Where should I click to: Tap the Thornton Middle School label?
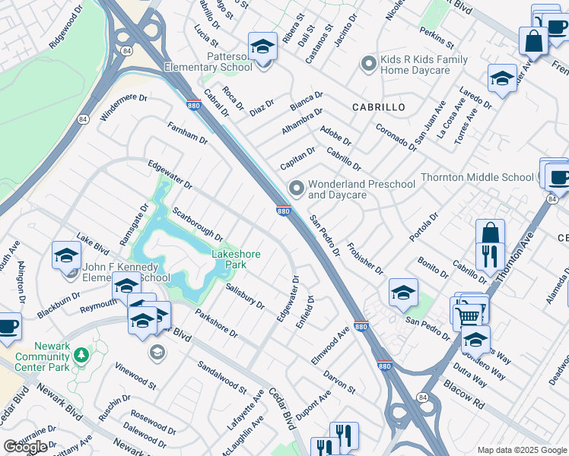(x=477, y=177)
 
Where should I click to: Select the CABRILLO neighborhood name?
(x=378, y=107)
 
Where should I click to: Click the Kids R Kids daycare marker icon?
(x=369, y=64)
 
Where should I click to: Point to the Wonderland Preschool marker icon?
(x=296, y=188)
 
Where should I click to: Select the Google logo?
(x=25, y=446)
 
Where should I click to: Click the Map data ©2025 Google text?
(x=522, y=450)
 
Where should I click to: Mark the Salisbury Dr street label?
(x=245, y=296)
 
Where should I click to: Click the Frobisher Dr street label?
(x=365, y=259)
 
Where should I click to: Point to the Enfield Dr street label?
(x=310, y=309)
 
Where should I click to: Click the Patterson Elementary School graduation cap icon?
(x=262, y=49)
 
